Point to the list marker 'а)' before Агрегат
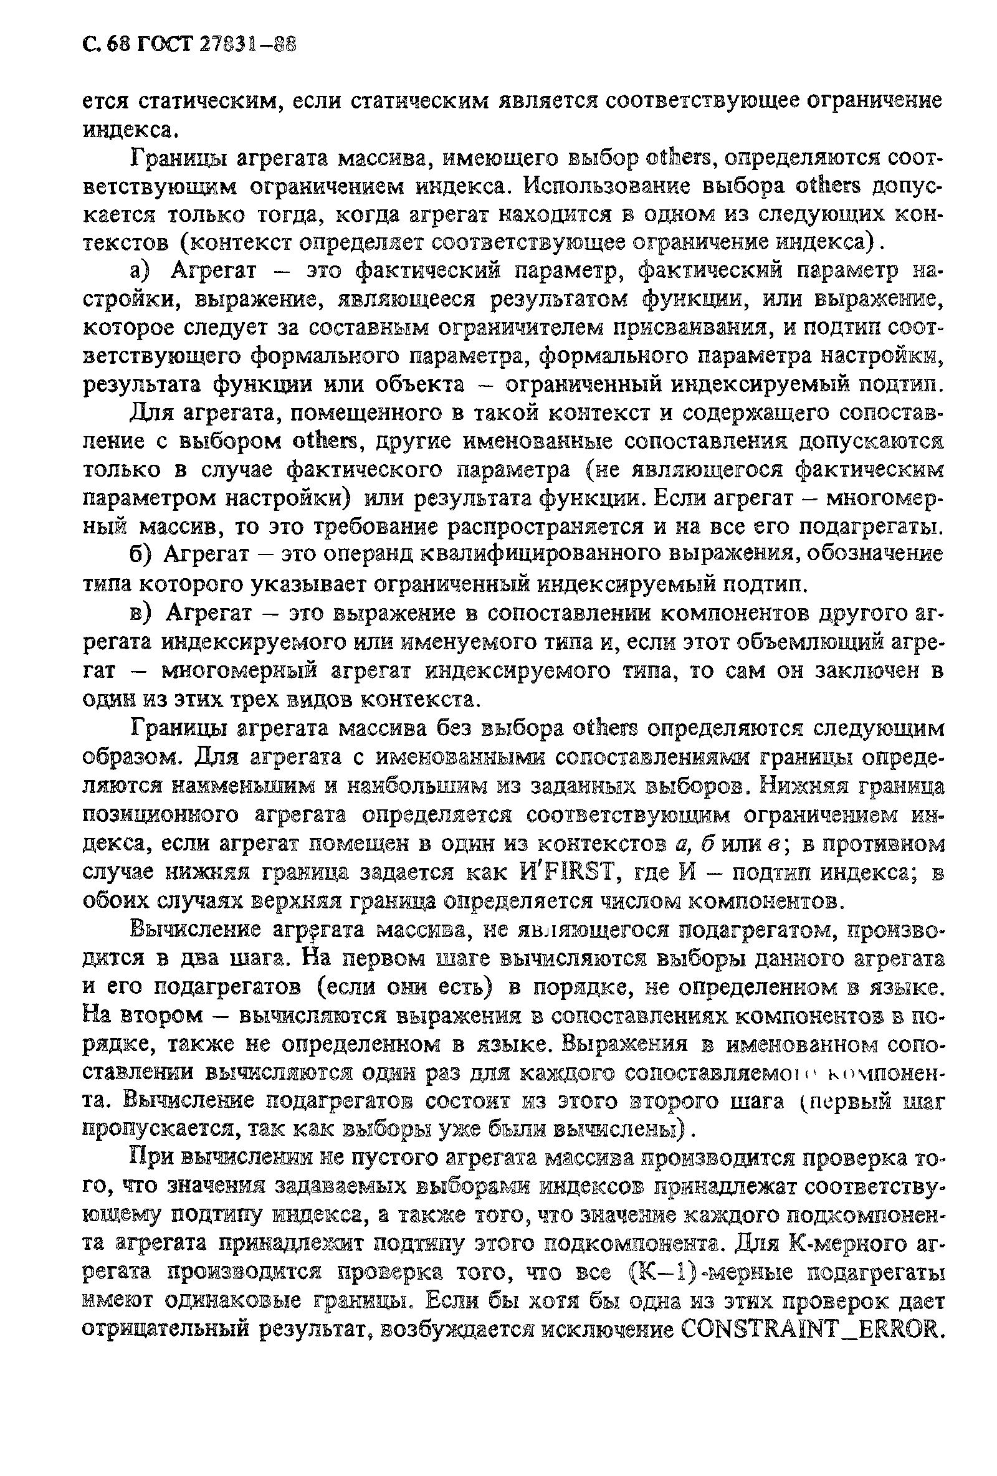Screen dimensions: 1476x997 141,272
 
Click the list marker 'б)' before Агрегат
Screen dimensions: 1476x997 141,555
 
